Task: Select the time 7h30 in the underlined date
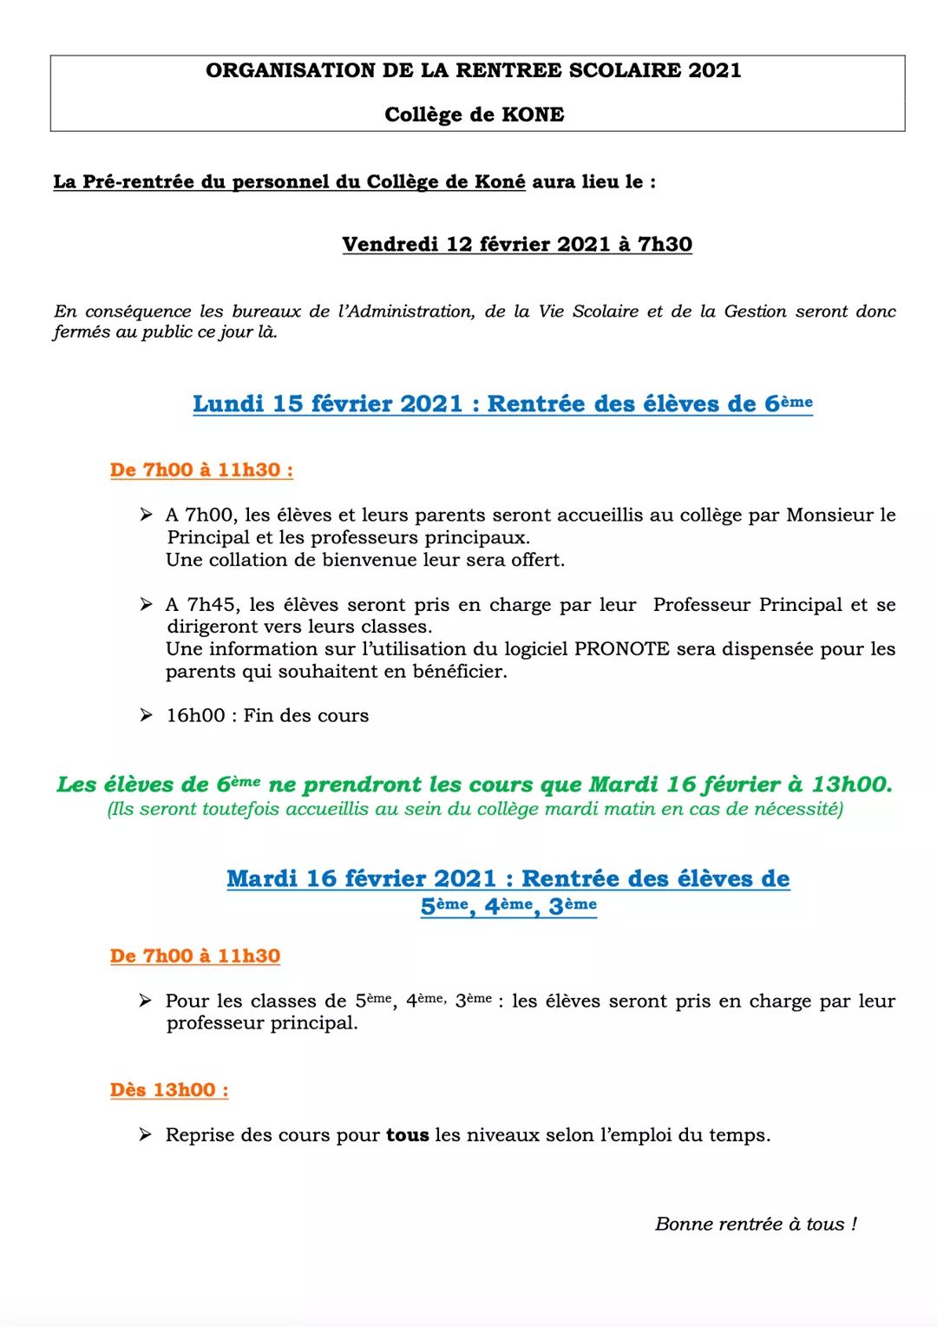pyautogui.click(x=665, y=245)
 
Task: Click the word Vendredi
pyautogui.click(x=390, y=245)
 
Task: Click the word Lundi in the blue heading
pyautogui.click(x=227, y=404)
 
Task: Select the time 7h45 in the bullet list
pyautogui.click(x=212, y=605)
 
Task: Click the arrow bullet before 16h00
pyautogui.click(x=147, y=715)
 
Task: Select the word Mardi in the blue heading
pyautogui.click(x=262, y=879)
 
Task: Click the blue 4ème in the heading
pyautogui.click(x=508, y=906)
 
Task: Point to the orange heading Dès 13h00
pyautogui.click(x=169, y=1090)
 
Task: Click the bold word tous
pyautogui.click(x=407, y=1135)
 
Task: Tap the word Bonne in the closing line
pyautogui.click(x=684, y=1225)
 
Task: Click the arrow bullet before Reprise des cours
pyautogui.click(x=146, y=1135)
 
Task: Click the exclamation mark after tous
pyautogui.click(x=855, y=1225)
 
